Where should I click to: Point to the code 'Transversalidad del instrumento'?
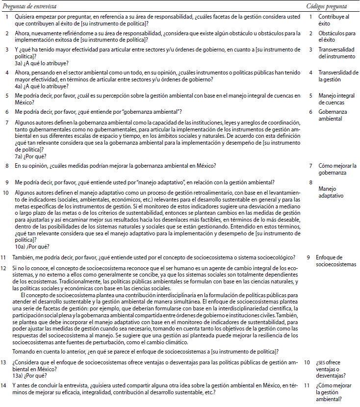point(337,53)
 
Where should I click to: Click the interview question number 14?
point(3,389)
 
